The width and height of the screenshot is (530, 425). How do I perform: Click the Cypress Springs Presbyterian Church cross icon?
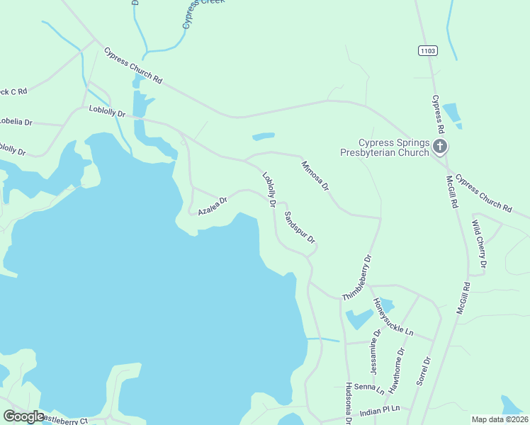(439, 147)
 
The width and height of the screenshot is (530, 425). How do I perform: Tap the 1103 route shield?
(427, 50)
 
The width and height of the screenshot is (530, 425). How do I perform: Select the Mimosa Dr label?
(315, 176)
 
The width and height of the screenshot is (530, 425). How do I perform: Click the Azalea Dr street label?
(212, 206)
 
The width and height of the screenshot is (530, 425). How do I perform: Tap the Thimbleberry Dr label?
(357, 278)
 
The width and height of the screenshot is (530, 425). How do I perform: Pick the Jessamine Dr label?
(376, 352)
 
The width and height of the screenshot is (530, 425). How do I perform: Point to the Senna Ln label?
(369, 388)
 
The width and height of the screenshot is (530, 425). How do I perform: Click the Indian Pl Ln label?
(380, 409)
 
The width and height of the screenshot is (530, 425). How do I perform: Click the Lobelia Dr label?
(16, 122)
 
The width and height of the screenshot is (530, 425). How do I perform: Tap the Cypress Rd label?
(439, 115)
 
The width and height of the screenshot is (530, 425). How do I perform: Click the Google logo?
(23, 416)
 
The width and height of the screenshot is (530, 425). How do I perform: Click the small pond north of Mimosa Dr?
(264, 136)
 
